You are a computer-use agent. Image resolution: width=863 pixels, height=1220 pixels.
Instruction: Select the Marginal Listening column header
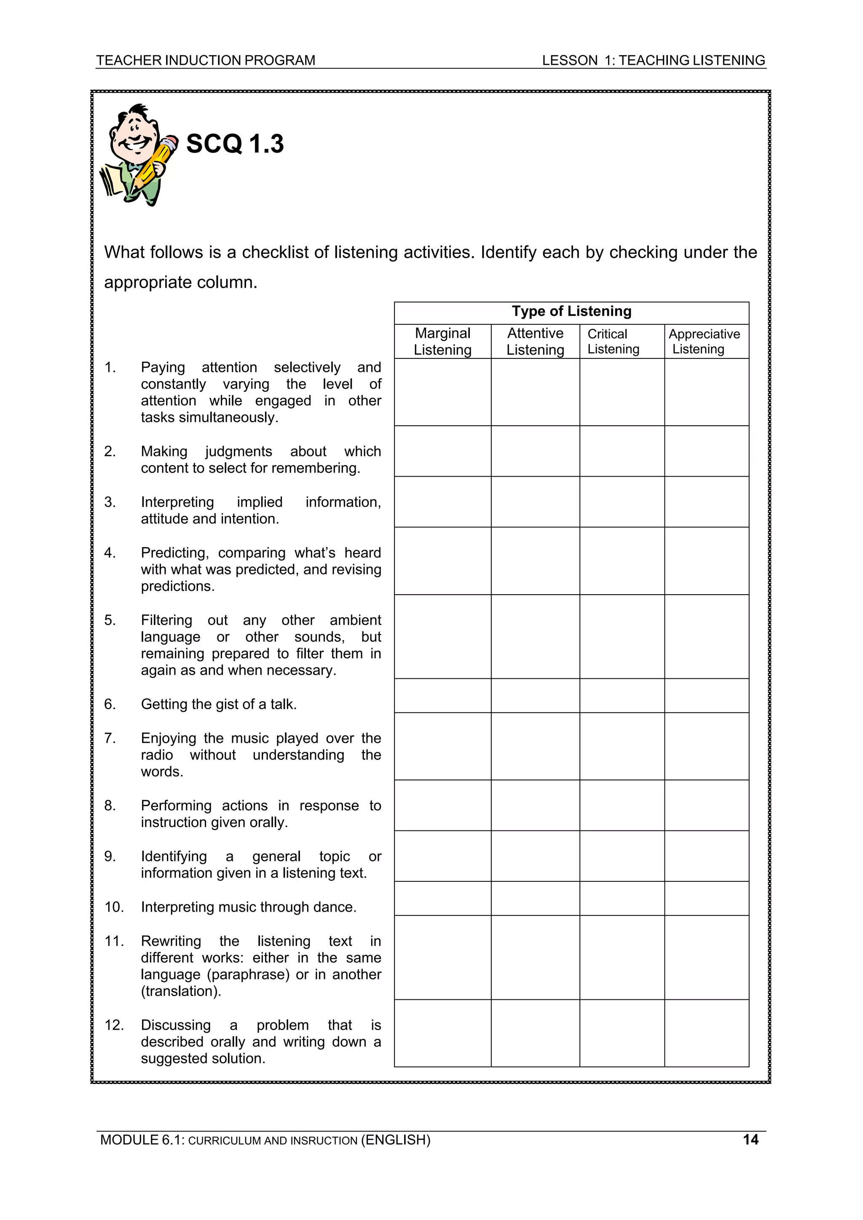pyautogui.click(x=442, y=341)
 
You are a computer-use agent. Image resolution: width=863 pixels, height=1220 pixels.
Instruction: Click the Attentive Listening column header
pyautogui.click(x=535, y=341)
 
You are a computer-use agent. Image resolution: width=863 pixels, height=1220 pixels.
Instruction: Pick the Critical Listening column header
pyautogui.click(x=613, y=341)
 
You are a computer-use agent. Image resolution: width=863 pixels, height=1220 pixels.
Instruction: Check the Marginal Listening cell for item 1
pyautogui.click(x=442, y=392)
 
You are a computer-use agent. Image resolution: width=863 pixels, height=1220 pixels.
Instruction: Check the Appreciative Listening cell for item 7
pyautogui.click(x=706, y=746)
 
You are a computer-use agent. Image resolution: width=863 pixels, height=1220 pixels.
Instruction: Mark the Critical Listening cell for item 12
pyautogui.click(x=622, y=1033)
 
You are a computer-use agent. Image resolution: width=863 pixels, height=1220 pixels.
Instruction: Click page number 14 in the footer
pyautogui.click(x=750, y=1139)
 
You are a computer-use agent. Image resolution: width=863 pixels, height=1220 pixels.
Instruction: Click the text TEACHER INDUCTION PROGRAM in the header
pyautogui.click(x=205, y=61)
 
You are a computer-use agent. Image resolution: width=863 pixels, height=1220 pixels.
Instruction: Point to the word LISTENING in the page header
pyautogui.click(x=729, y=61)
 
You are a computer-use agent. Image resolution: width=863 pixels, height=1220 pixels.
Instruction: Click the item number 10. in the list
pyautogui.click(x=114, y=907)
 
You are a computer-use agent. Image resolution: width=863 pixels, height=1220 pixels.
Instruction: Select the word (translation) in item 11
pyautogui.click(x=180, y=991)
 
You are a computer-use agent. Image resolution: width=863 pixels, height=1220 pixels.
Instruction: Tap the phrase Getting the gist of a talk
pyautogui.click(x=219, y=704)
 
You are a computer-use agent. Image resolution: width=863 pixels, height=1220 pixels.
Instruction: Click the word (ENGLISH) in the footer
pyautogui.click(x=396, y=1140)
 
